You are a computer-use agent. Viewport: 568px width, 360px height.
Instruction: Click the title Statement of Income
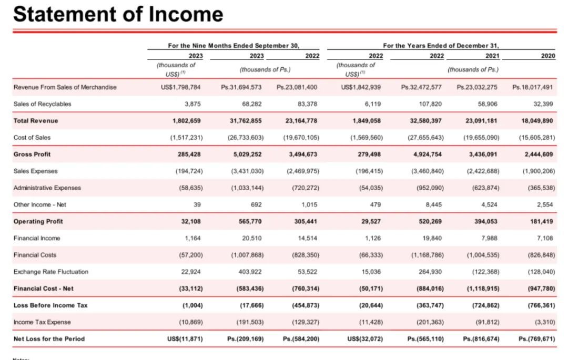click(118, 14)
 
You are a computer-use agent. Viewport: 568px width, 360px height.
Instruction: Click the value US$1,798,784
click(180, 87)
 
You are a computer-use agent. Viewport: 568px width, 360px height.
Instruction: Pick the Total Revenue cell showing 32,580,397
click(422, 121)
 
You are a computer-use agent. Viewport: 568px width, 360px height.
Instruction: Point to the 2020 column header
click(547, 56)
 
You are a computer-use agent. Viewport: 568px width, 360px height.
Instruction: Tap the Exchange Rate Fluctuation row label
click(51, 272)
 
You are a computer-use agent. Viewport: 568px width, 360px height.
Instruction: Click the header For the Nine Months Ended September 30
click(237, 46)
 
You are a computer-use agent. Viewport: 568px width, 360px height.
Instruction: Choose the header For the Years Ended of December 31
click(441, 46)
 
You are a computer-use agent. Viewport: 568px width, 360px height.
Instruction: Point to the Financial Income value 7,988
click(489, 239)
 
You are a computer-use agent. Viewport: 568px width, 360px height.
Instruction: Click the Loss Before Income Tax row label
click(50, 305)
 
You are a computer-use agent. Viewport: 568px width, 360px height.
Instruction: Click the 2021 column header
click(492, 56)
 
